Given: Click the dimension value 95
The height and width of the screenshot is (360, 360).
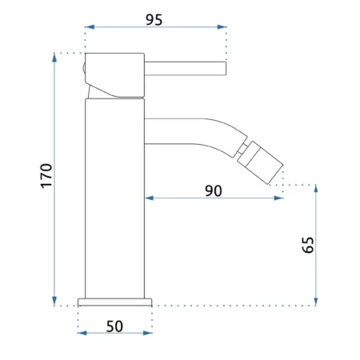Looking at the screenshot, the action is click(x=154, y=20).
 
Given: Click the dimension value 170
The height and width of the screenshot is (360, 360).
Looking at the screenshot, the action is click(x=46, y=176).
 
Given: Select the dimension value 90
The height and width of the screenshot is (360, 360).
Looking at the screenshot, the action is click(x=214, y=191).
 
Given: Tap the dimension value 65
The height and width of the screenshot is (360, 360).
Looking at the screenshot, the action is click(x=308, y=245).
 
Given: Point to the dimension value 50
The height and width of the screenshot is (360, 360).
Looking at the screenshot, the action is click(x=114, y=326).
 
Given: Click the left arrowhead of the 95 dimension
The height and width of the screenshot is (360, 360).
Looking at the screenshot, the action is click(x=90, y=27).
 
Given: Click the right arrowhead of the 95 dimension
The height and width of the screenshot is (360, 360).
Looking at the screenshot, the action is click(x=222, y=27).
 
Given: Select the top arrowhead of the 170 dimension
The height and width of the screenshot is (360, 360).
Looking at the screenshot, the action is click(x=54, y=58).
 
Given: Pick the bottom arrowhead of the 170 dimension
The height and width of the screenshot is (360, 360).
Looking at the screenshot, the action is click(x=54, y=301).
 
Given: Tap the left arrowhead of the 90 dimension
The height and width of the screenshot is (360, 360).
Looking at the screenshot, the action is click(x=149, y=198).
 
